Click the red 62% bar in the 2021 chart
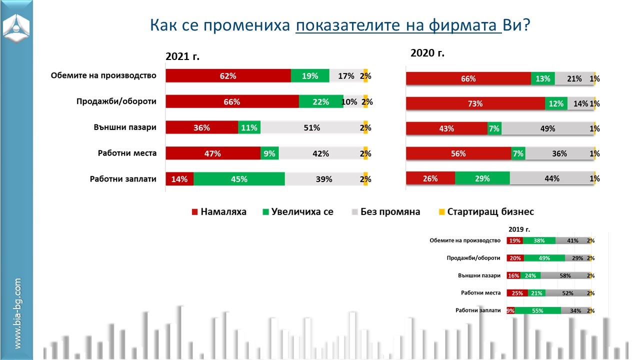pyautogui.click(x=228, y=76)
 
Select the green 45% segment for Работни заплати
pyautogui.click(x=239, y=179)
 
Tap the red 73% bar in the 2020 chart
pyautogui.click(x=475, y=103)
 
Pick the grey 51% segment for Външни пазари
pyautogui.click(x=312, y=127)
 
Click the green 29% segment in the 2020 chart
pyautogui.click(x=482, y=178)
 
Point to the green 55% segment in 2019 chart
pyautogui.click(x=537, y=310)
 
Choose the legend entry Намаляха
pyautogui.click(x=219, y=212)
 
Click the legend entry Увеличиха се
pyautogui.click(x=297, y=212)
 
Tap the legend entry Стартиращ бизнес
pyautogui.click(x=485, y=212)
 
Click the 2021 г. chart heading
pyautogui.click(x=182, y=56)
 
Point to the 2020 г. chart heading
pyautogui.click(x=427, y=52)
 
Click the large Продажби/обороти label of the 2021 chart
pyautogui.click(x=116, y=101)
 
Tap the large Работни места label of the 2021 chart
pyautogui.click(x=127, y=153)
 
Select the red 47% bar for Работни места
pyautogui.click(x=213, y=153)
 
